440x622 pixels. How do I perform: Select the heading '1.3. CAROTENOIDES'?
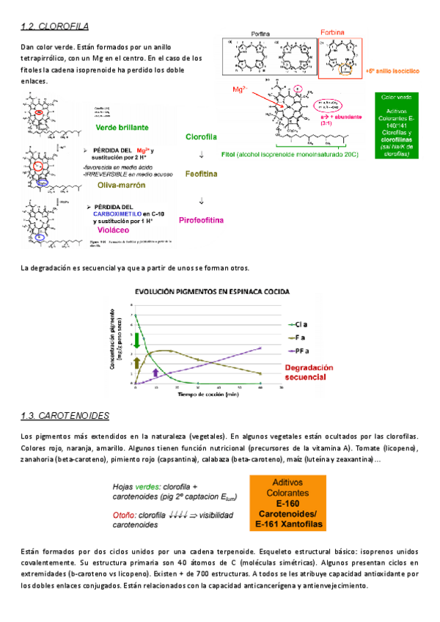pyautogui.click(x=65, y=416)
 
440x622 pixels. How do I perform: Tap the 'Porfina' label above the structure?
pyautogui.click(x=261, y=34)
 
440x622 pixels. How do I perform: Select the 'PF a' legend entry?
pyautogui.click(x=302, y=351)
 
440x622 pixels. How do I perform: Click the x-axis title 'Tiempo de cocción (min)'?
pyautogui.click(x=208, y=394)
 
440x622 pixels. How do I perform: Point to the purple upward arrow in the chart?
pyautogui.click(x=155, y=372)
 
